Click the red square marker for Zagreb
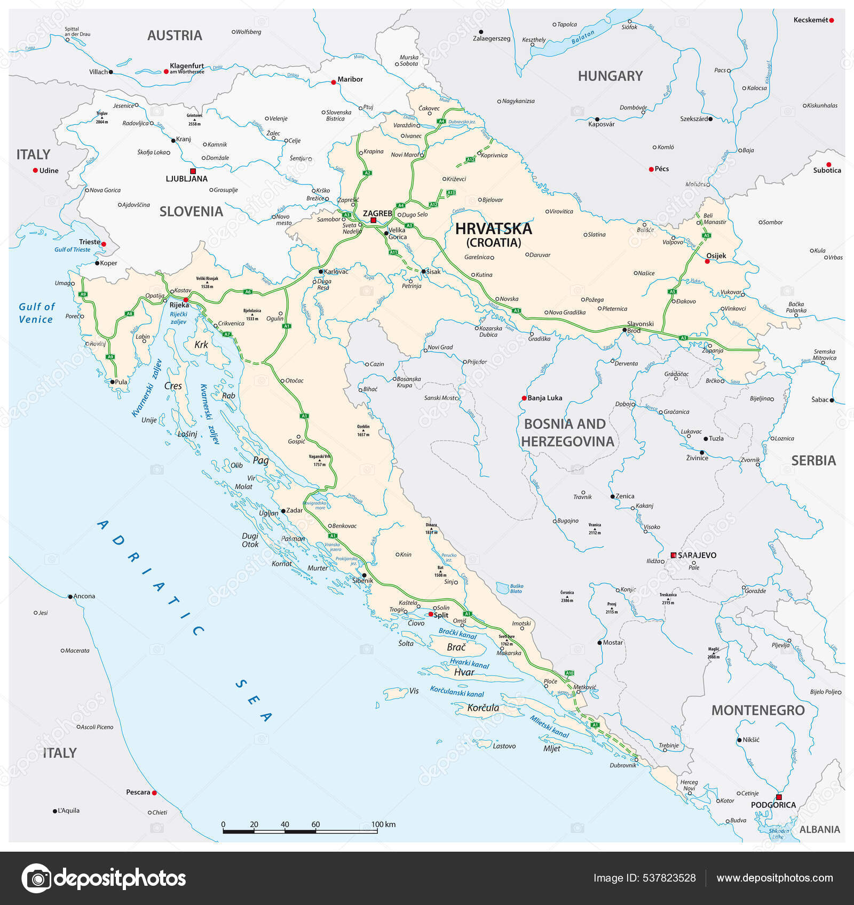click(374, 220)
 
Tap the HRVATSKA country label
click(493, 229)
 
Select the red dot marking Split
click(431, 614)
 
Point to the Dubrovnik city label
click(623, 765)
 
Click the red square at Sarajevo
click(674, 555)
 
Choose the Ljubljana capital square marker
click(193, 171)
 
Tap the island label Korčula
click(483, 708)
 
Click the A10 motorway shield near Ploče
click(570, 673)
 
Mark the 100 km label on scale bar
click(383, 824)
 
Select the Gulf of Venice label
click(36, 313)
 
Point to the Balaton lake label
click(582, 37)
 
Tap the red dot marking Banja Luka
click(524, 398)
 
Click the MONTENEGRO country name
click(757, 710)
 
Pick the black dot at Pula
click(112, 382)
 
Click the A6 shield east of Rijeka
click(248, 292)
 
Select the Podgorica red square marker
click(779, 797)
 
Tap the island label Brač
click(456, 647)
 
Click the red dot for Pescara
click(154, 793)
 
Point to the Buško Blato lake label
click(516, 588)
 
